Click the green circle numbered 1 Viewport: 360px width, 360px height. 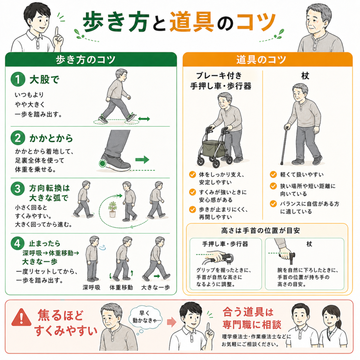click(18, 79)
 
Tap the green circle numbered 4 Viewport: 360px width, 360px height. click(18, 243)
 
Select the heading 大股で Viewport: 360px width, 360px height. click(44, 80)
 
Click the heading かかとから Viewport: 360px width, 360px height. click(51, 138)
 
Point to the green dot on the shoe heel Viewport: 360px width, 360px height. click(102, 163)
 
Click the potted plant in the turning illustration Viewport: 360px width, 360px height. click(112, 210)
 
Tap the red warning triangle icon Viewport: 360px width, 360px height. click(21, 317)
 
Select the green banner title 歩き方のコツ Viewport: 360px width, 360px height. click(85, 60)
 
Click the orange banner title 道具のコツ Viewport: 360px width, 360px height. click(261, 60)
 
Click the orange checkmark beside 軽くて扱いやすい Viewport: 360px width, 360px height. click(273, 174)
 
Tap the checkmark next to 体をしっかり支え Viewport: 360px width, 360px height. click(192, 174)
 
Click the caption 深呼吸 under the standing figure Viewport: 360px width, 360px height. click(91, 288)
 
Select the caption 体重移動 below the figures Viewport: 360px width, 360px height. click(121, 288)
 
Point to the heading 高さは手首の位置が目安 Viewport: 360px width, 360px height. click(261, 231)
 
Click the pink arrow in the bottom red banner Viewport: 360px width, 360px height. click(172, 322)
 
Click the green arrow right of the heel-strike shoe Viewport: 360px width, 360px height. click(142, 160)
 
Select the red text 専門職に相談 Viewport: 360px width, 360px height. click(252, 324)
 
